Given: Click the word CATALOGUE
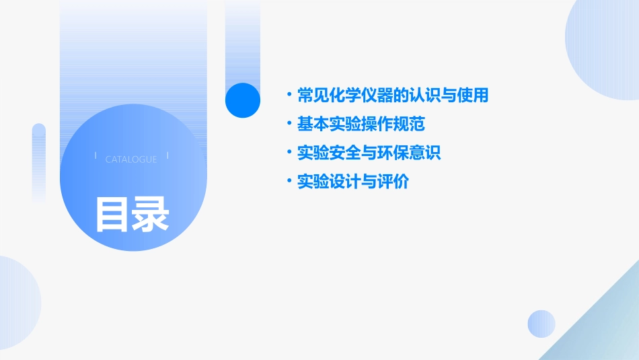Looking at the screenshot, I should click(131, 159).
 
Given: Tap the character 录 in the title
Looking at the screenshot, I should click(150, 214).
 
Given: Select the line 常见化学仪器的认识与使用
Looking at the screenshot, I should click(392, 95).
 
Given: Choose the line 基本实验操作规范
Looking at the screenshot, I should click(361, 124).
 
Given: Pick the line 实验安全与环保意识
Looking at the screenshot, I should click(369, 153).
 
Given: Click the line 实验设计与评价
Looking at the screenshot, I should click(352, 182).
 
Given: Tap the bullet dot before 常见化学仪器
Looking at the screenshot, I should click(289, 95).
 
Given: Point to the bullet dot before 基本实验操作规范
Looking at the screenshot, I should click(289, 124).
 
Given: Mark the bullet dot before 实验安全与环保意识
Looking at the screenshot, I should click(289, 153).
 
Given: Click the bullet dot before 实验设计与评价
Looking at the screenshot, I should click(289, 182).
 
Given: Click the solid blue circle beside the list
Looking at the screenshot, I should click(242, 100).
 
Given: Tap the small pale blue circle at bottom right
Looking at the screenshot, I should click(541, 324).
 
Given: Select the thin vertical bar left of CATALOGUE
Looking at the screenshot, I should click(96, 156).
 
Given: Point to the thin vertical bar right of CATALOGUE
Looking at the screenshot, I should click(167, 156).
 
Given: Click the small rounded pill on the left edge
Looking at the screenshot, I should click(39, 161).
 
